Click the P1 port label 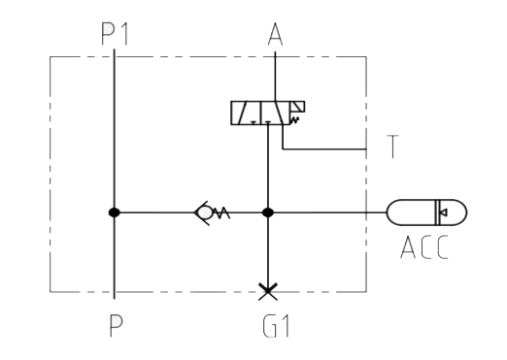115,34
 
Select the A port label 275,34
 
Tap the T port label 392,147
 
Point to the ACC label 424,247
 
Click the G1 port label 276,326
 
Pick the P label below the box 116,326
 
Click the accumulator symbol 426,213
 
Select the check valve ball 205,213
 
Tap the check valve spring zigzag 221,213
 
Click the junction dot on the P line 114,213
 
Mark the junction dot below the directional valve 267,213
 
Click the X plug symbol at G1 268,292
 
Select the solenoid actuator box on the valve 297,107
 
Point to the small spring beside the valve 294,120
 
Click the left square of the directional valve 246,113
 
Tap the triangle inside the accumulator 444,213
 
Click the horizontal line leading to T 324,149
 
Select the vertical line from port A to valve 275,77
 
